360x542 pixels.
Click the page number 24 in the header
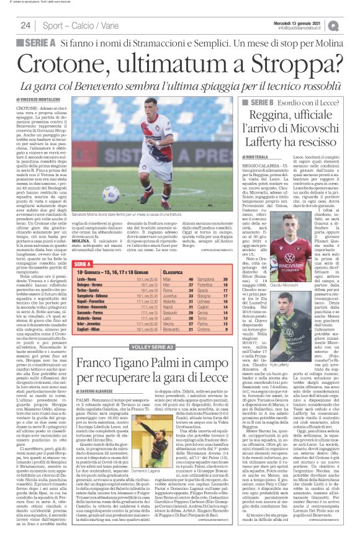tap(25, 25)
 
